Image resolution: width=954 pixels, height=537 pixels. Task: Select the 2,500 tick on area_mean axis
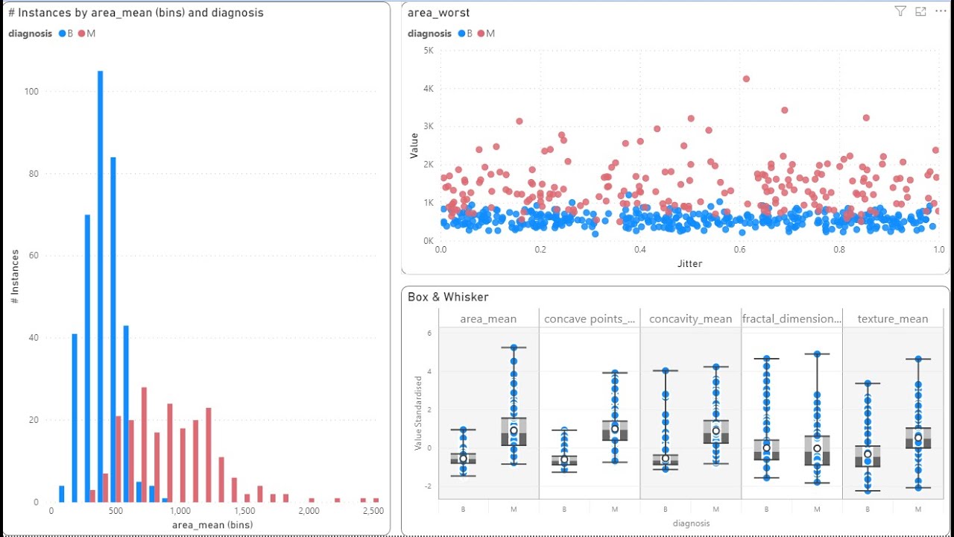pos(373,511)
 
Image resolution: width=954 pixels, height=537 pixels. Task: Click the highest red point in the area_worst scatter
pos(746,79)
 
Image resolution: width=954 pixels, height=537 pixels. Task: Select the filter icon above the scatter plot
pos(900,11)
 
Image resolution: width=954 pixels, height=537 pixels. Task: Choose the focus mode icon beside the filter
pos(920,11)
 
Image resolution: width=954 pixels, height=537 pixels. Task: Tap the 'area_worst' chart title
pos(438,13)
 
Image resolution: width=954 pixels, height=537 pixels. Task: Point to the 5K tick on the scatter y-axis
pos(429,51)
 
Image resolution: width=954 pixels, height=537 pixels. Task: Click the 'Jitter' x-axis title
pos(689,263)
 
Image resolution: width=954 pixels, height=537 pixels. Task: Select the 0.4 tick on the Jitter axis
pos(640,250)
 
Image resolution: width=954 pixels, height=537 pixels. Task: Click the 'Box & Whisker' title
pos(448,297)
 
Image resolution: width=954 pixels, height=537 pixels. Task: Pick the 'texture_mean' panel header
pos(892,318)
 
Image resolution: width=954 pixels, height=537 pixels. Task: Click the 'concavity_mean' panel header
pos(690,318)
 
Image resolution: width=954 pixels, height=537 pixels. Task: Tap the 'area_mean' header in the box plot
pos(488,318)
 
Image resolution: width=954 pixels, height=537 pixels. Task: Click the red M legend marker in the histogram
pos(82,34)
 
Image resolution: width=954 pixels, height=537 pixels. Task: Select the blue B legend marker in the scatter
pos(462,34)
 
